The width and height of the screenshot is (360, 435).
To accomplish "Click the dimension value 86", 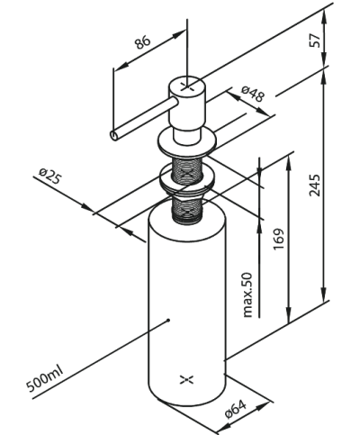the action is click(142, 42).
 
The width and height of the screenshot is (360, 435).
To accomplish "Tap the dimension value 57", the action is click(315, 40).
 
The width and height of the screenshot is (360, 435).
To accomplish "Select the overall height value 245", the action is click(315, 185).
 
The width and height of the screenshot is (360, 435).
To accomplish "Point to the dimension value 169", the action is click(278, 239).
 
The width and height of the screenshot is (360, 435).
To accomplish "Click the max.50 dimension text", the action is click(247, 295).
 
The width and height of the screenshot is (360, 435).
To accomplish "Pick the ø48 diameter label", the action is click(254, 94).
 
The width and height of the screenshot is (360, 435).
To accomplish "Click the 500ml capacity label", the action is click(45, 379).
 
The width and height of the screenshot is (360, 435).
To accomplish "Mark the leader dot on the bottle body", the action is click(168, 321).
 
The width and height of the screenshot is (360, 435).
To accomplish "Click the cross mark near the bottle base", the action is click(186, 380).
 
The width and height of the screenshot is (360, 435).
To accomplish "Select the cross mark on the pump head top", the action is click(187, 86).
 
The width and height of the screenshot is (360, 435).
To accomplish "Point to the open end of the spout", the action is click(114, 135).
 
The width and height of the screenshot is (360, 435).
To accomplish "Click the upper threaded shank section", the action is click(186, 170).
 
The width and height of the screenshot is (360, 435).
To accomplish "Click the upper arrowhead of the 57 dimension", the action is click(324, 16).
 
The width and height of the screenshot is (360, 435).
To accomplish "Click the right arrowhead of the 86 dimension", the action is click(179, 34).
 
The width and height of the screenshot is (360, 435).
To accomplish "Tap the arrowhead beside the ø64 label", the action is click(262, 407).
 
